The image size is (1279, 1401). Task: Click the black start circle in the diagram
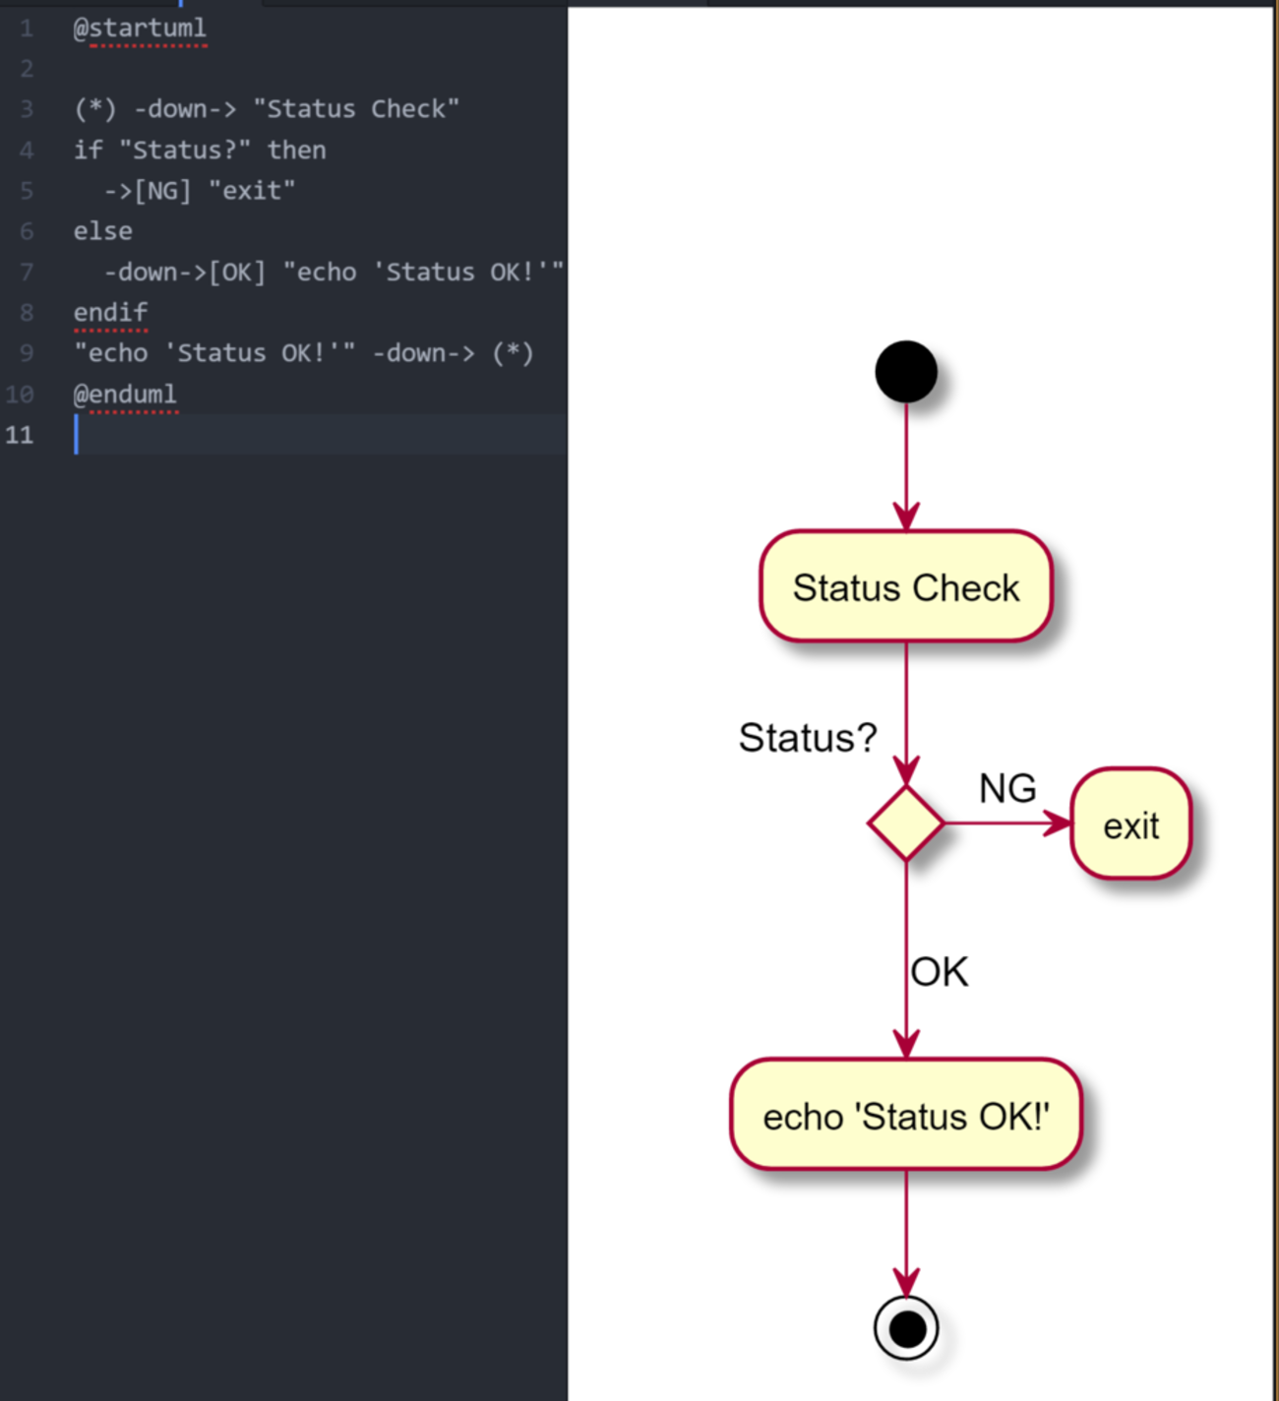click(905, 372)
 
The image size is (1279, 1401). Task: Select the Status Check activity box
click(905, 587)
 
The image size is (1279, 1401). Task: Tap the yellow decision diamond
click(905, 823)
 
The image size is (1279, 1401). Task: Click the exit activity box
click(1130, 824)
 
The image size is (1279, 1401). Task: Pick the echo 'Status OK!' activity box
click(905, 1116)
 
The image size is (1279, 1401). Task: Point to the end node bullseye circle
click(906, 1329)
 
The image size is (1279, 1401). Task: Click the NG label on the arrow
click(1007, 788)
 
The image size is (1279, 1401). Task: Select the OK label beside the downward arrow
click(940, 972)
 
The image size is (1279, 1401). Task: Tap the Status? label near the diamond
click(807, 738)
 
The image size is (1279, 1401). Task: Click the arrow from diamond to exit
click(1004, 823)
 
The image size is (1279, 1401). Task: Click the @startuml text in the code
click(140, 29)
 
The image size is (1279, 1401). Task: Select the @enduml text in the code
click(125, 395)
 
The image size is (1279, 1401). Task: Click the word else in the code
click(102, 231)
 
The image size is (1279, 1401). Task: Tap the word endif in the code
click(110, 313)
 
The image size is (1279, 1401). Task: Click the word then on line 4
click(296, 150)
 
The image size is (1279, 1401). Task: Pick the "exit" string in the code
click(251, 191)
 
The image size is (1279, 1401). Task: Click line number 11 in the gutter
click(20, 435)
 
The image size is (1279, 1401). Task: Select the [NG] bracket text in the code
click(162, 191)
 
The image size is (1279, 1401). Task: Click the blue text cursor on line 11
click(76, 435)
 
